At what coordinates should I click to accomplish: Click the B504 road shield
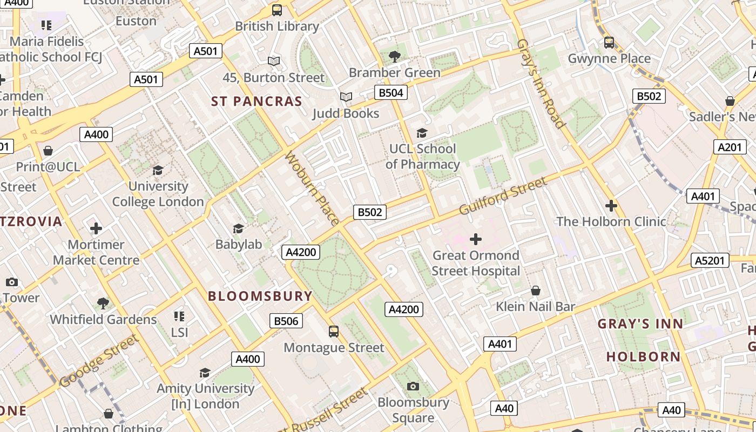coord(391,93)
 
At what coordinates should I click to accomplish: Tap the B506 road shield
coord(286,321)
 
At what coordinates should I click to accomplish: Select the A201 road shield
coord(730,147)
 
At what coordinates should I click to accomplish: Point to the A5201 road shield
coord(710,261)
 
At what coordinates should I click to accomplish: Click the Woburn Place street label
coord(312,188)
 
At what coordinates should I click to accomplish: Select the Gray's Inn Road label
coord(541,84)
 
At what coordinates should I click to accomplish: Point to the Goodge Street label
coord(98,361)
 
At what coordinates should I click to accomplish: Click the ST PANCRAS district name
coord(256,102)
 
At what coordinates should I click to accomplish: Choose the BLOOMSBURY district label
coord(260,296)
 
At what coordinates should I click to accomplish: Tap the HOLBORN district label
coord(643,356)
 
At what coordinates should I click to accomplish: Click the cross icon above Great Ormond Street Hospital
coord(476,239)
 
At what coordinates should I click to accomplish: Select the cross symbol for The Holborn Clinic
coord(611,206)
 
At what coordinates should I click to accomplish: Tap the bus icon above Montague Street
coord(334,332)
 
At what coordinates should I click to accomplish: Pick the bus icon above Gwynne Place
coord(609,43)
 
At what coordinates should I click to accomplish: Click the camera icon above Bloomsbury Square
coord(413,386)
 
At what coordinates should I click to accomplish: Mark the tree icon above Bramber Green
coord(395,56)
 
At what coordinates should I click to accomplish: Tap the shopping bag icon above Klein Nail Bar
coord(536,291)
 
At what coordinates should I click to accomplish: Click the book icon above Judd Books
coord(346,97)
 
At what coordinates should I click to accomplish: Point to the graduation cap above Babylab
coord(238,229)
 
